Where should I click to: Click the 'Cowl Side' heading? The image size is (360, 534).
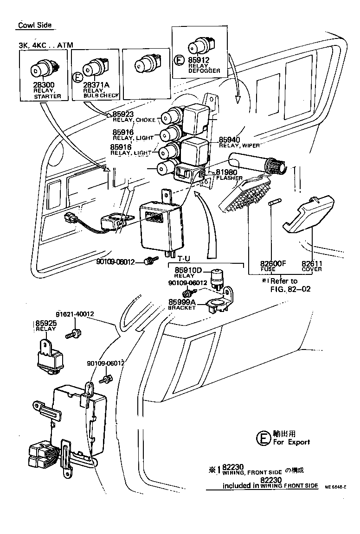tap(35, 25)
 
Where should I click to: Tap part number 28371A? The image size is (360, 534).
tap(96, 85)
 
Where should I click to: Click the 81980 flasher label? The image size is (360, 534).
tap(226, 172)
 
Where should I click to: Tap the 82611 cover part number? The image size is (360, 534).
tap(312, 263)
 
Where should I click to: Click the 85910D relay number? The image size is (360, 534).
tap(188, 270)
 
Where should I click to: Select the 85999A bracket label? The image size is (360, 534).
tap(182, 302)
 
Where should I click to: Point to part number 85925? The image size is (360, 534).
tap(45, 323)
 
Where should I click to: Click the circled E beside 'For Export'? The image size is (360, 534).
tap(263, 438)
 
